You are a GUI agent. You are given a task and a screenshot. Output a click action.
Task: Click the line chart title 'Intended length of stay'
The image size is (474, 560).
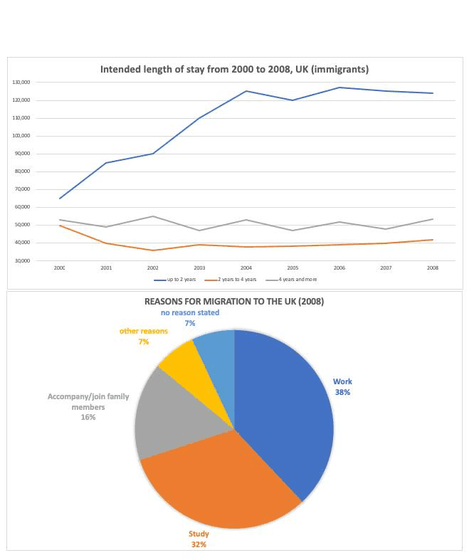point(234,70)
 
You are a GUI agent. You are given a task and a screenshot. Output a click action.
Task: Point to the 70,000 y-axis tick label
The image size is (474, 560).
point(21,189)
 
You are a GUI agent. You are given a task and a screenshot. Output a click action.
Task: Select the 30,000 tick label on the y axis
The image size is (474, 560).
point(21,261)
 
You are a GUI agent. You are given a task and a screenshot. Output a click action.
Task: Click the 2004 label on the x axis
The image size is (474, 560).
point(246,268)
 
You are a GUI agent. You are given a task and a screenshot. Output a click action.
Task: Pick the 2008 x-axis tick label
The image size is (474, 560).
point(433,268)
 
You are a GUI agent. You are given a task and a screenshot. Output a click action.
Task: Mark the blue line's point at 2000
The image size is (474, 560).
point(60,199)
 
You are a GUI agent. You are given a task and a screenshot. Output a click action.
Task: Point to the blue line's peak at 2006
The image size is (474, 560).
point(339,88)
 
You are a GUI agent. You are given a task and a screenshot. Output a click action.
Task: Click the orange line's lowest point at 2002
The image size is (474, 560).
point(153,250)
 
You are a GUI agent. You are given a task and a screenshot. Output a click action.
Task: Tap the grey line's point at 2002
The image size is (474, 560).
point(153,216)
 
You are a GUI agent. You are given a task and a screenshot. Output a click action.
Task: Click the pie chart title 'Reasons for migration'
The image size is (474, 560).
point(234,301)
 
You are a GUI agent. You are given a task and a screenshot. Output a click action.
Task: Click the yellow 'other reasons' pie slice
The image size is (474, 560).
point(178,359)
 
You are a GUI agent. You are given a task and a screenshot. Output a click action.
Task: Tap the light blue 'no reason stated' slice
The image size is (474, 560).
point(215,349)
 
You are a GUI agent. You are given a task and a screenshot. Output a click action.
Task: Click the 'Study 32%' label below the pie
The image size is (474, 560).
point(199,539)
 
